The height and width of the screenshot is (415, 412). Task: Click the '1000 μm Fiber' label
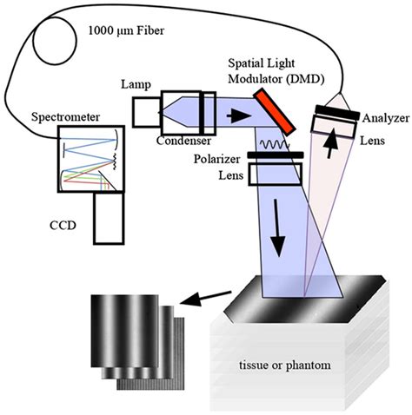(131, 34)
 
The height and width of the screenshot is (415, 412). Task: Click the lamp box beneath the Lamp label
(146, 111)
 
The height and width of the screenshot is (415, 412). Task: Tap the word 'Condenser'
(195, 142)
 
